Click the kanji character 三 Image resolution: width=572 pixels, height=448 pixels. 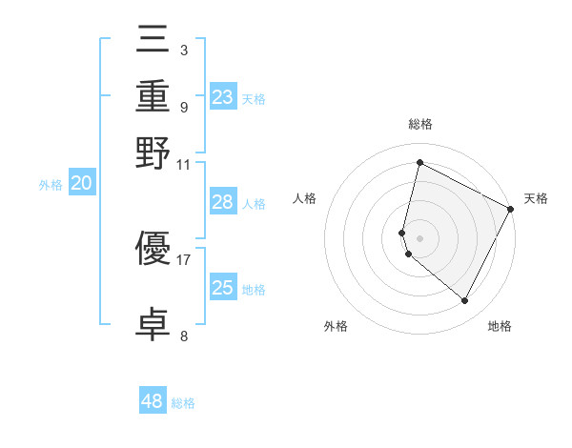(153, 42)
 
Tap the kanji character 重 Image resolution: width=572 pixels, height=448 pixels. (153, 97)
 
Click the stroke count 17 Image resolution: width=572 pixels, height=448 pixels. (183, 258)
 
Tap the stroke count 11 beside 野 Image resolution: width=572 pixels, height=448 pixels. (183, 163)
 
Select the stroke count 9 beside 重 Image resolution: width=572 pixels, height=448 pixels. (183, 106)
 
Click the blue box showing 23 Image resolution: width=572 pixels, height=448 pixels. (223, 97)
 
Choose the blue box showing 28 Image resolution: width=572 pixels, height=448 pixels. (223, 202)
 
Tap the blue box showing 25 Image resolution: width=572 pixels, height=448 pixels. (223, 288)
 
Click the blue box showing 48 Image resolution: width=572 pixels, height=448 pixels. (153, 401)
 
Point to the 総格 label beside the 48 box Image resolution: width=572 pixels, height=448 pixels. (183, 403)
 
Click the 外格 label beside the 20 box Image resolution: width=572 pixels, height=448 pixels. (51, 186)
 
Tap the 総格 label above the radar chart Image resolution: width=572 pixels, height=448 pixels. (419, 124)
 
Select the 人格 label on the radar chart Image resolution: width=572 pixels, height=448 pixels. (305, 198)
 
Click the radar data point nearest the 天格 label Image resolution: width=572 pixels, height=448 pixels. (511, 210)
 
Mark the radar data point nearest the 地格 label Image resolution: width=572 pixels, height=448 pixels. (464, 301)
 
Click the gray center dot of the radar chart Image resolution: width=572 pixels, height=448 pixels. (419, 237)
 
